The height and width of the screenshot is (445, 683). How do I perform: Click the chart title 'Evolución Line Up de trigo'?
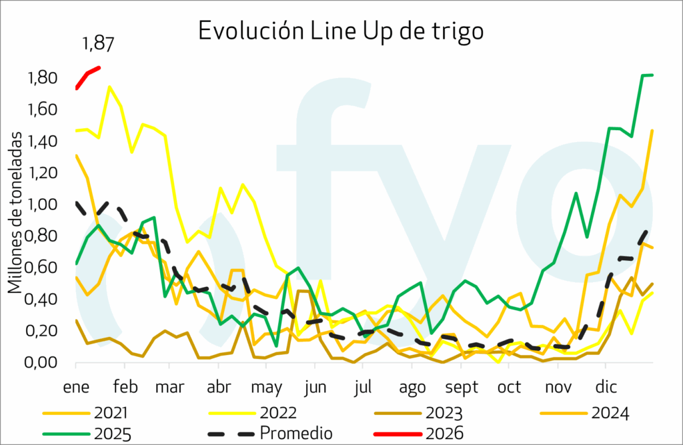click(x=340, y=31)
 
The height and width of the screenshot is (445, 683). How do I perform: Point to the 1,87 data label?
click(x=98, y=45)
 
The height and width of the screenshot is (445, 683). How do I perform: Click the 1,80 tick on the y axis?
click(x=43, y=79)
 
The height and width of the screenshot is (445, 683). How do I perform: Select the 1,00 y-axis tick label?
click(x=43, y=205)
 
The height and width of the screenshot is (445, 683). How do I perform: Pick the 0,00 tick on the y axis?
click(x=43, y=363)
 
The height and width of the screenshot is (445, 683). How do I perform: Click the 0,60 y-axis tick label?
click(x=43, y=268)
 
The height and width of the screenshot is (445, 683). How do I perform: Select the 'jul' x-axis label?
click(x=364, y=388)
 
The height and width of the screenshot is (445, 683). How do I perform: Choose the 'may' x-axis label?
click(x=267, y=388)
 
